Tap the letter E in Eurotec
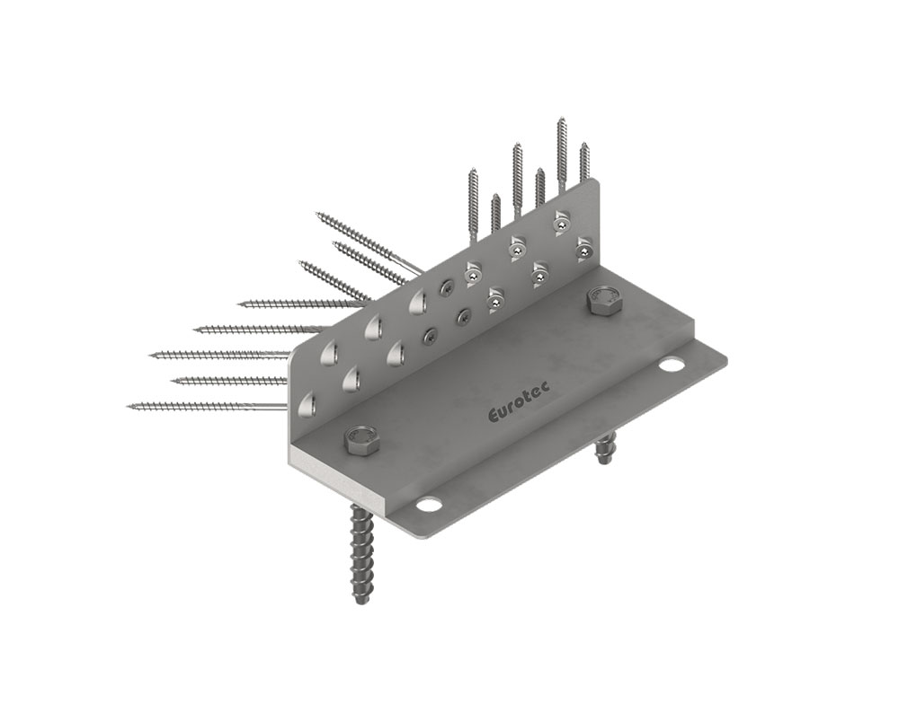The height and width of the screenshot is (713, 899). [493, 416]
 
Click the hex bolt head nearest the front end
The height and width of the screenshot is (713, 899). [360, 440]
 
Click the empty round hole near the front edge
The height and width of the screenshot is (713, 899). [428, 505]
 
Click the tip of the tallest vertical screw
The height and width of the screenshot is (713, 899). [560, 118]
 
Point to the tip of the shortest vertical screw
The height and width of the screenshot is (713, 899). [496, 195]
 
